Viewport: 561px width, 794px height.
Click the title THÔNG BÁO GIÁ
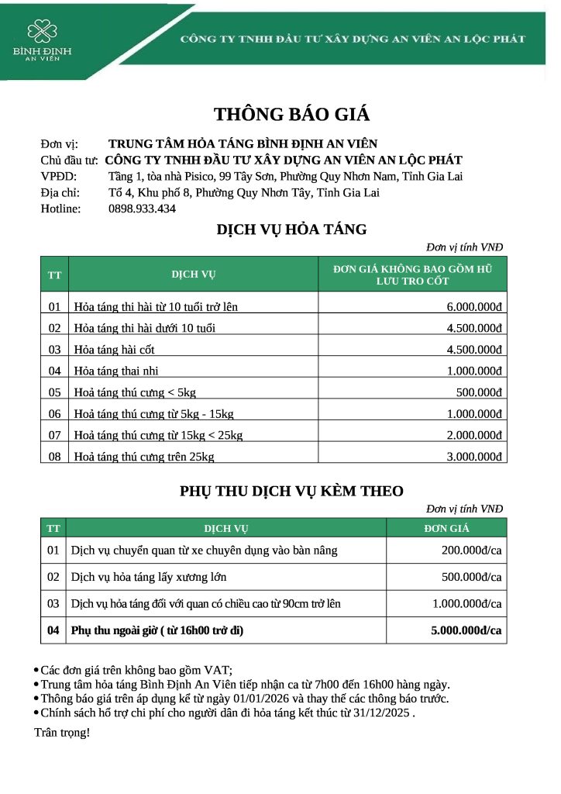click(x=291, y=115)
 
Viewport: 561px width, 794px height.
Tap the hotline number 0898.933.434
click(x=142, y=209)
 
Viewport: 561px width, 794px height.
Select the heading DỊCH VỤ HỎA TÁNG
click(x=291, y=230)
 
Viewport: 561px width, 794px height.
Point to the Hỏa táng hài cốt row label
click(x=114, y=350)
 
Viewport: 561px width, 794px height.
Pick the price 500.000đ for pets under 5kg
click(x=480, y=392)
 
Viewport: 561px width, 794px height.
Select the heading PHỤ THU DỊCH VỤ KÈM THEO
click(x=291, y=491)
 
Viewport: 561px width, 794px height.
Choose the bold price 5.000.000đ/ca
click(x=466, y=630)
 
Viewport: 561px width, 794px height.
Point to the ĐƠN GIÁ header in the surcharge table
click(x=446, y=529)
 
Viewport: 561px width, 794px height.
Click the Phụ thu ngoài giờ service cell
click(x=157, y=630)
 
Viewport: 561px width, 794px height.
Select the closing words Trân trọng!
click(x=62, y=732)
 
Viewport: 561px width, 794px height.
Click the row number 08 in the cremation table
click(x=54, y=457)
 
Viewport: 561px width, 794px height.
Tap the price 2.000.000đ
click(x=474, y=435)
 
